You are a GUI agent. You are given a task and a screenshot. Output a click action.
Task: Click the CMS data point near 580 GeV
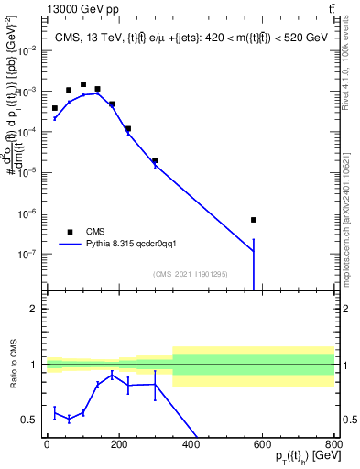pos(254,220)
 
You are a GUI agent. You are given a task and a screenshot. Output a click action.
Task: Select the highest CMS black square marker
pos(83,84)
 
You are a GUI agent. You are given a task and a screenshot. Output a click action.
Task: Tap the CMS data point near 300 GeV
pos(155,160)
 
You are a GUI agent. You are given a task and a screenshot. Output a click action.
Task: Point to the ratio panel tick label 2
pos(34,309)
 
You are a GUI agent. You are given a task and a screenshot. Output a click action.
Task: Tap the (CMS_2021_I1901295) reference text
pos(189,274)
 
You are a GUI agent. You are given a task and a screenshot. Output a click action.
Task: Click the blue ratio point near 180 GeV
pos(112,375)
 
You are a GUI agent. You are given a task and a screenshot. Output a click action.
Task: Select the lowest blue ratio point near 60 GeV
pos(69,419)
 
